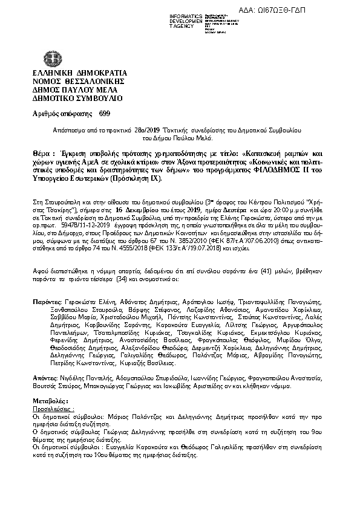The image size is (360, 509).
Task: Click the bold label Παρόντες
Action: [x=47, y=301]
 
